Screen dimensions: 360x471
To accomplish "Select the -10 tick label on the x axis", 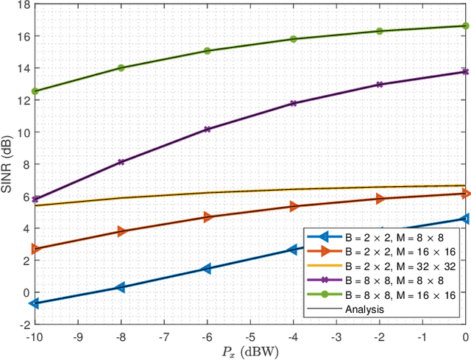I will coord(34,335).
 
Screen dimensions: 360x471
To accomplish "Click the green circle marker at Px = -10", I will coord(35,91).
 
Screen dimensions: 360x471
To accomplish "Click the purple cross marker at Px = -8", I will coord(121,162).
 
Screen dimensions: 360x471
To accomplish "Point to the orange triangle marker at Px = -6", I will coord(208,217).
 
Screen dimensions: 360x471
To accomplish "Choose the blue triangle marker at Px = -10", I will coord(35,303).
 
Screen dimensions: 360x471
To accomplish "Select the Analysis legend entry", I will coord(365,310).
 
